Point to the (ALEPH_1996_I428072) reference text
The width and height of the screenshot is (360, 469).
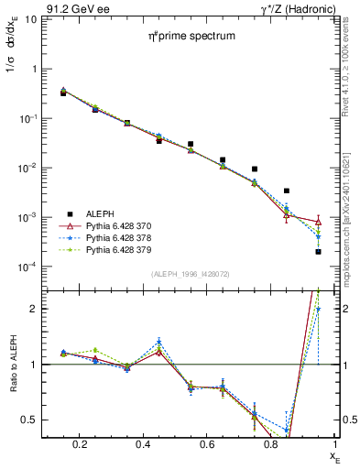point(193,275)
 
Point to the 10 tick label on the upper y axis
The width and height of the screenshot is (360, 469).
point(31,19)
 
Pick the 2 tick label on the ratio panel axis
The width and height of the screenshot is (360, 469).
point(34,309)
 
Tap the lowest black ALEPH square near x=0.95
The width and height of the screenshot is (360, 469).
point(318,251)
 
